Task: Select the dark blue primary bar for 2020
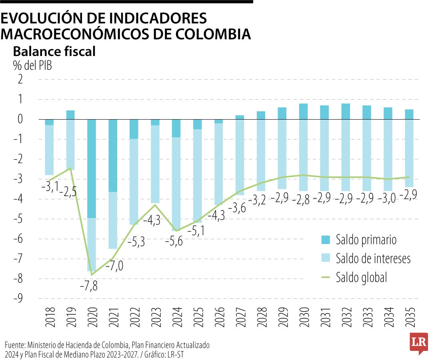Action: (x=92, y=168)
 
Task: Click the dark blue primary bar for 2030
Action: (x=303, y=111)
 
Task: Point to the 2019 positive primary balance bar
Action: (x=70, y=114)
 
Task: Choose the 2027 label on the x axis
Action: (x=240, y=318)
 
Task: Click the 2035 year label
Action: (x=409, y=318)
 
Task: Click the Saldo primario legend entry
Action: (x=366, y=240)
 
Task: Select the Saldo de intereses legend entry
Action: (x=373, y=258)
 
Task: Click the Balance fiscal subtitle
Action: (x=54, y=52)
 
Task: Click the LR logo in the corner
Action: (x=418, y=343)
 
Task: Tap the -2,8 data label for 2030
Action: (x=303, y=198)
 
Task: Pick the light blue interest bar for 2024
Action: (x=176, y=184)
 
